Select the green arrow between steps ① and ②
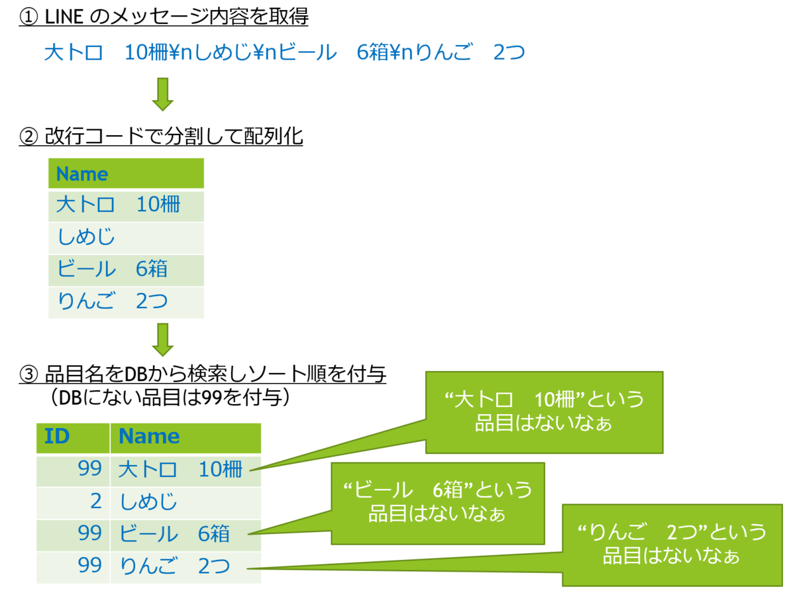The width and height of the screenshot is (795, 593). [162, 93]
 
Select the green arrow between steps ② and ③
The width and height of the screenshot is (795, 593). [162, 339]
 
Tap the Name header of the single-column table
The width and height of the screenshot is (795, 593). [126, 174]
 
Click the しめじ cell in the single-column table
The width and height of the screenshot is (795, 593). [126, 238]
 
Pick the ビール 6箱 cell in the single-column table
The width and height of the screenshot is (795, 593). [126, 270]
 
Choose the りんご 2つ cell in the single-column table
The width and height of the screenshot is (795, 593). [126, 301]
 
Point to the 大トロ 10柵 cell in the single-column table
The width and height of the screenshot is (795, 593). [126, 205]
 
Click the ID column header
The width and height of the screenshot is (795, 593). [73, 437]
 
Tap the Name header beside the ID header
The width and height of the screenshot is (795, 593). [185, 437]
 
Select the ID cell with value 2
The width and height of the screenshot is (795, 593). [73, 502]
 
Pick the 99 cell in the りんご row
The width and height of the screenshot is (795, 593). [73, 566]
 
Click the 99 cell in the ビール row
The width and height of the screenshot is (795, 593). [73, 533]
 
